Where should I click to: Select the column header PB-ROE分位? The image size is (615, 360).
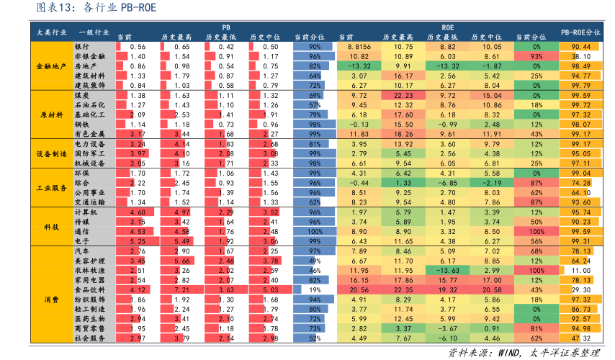(580, 32)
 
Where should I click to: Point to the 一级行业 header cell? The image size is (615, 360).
(94, 32)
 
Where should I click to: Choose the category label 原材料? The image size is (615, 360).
(52, 114)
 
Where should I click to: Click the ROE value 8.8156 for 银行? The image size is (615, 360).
(359, 46)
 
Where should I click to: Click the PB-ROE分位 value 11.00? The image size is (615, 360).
(581, 270)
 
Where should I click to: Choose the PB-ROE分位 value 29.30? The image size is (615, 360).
(581, 289)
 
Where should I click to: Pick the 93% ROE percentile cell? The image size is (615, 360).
(536, 56)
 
